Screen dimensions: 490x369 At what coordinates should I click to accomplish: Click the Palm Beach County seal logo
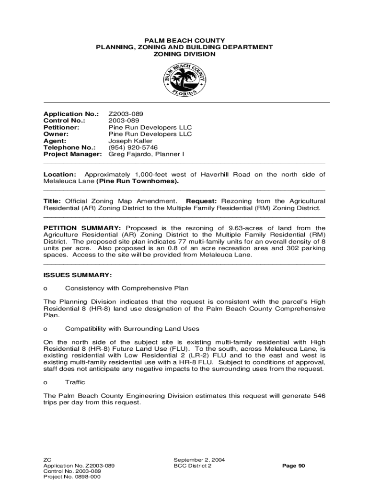click(x=184, y=79)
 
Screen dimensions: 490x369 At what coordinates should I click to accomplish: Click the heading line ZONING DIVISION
click(x=184, y=55)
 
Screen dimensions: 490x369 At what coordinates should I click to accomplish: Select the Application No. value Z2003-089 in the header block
click(x=126, y=114)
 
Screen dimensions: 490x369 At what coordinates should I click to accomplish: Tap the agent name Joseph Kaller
click(x=130, y=141)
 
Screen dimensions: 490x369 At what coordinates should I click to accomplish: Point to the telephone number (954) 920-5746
click(x=133, y=148)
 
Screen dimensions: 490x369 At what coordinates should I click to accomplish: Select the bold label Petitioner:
click(x=61, y=128)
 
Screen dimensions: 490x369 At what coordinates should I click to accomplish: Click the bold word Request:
click(x=201, y=201)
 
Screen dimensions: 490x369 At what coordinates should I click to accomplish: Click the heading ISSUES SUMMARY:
click(x=78, y=275)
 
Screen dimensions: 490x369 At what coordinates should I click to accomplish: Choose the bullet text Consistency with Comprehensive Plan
click(x=127, y=289)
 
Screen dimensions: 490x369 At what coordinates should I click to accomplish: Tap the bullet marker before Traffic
click(x=46, y=383)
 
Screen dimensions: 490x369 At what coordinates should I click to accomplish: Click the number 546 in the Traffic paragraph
click(x=319, y=396)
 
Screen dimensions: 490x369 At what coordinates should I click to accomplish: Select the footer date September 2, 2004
click(x=199, y=460)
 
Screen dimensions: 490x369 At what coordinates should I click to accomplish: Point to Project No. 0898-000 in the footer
click(x=72, y=477)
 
